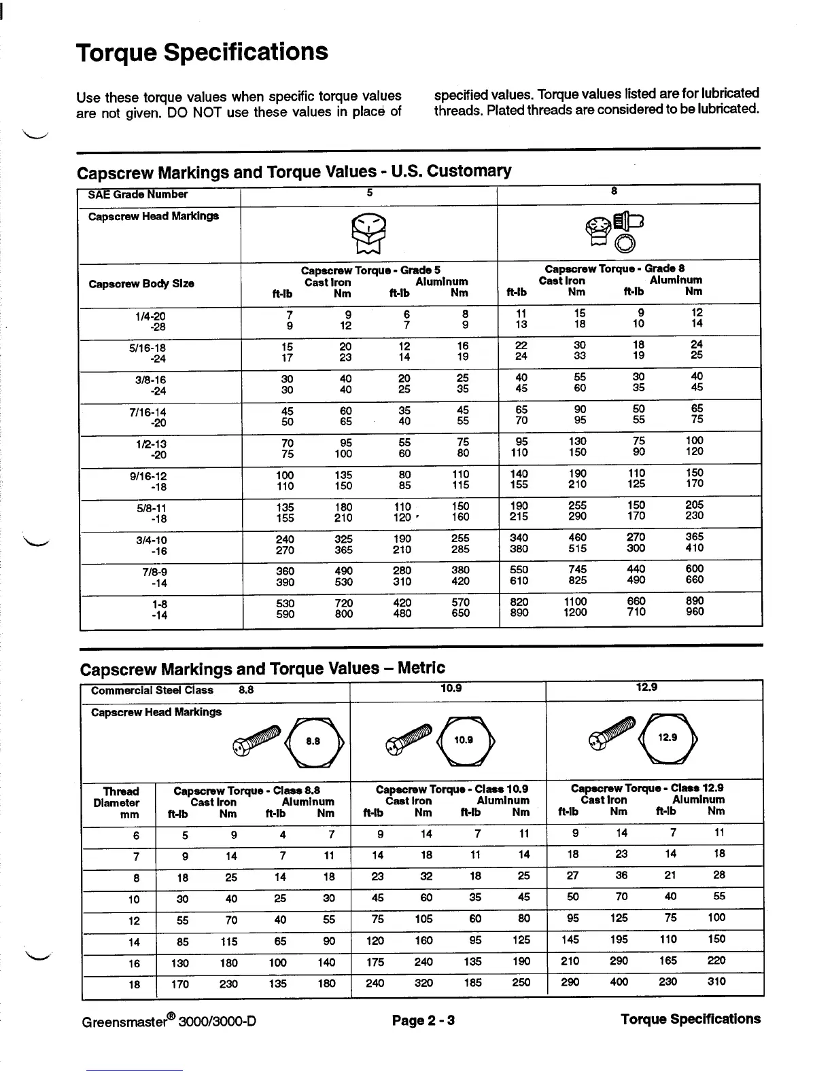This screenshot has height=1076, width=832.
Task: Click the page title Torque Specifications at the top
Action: coord(202,52)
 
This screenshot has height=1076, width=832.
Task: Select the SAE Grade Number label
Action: coord(137,195)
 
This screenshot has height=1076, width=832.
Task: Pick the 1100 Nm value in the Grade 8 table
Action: coord(576,602)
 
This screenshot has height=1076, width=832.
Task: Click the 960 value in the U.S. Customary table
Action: coord(695,612)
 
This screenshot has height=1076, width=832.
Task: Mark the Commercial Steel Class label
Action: coord(152,691)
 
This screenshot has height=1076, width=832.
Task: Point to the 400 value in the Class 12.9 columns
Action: coord(619,982)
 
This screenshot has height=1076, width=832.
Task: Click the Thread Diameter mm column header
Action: coord(120,802)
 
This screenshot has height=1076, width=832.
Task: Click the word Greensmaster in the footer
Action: coord(124,1021)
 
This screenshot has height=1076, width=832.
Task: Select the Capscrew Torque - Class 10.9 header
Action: coord(452,790)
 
